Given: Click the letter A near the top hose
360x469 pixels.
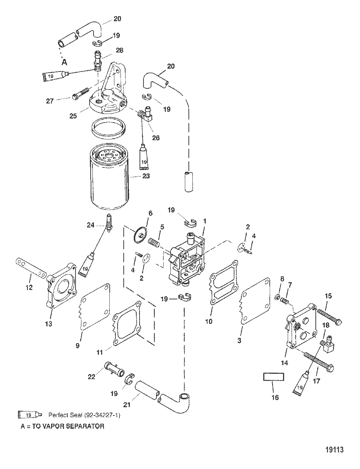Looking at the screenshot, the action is pyautogui.click(x=64, y=63).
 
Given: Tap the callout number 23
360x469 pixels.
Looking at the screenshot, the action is pyautogui.click(x=146, y=176).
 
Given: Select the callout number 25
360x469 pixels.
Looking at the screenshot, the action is pyautogui.click(x=73, y=116).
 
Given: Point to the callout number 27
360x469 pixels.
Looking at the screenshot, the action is pyautogui.click(x=50, y=101).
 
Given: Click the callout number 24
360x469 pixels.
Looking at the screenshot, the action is pyautogui.click(x=91, y=225).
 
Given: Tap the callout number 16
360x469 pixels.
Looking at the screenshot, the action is pyautogui.click(x=275, y=397).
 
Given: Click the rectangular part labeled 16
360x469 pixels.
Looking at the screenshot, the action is pyautogui.click(x=273, y=383).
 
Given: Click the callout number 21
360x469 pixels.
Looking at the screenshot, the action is pyautogui.click(x=127, y=405).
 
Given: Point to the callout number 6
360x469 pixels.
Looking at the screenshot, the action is pyautogui.click(x=150, y=213).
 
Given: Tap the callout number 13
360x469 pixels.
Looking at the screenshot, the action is pyautogui.click(x=49, y=324).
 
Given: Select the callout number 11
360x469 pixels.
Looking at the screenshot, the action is pyautogui.click(x=100, y=353).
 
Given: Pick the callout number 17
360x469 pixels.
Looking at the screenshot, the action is pyautogui.click(x=316, y=381).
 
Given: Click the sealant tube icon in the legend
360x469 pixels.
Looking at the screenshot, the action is pyautogui.click(x=30, y=415).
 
